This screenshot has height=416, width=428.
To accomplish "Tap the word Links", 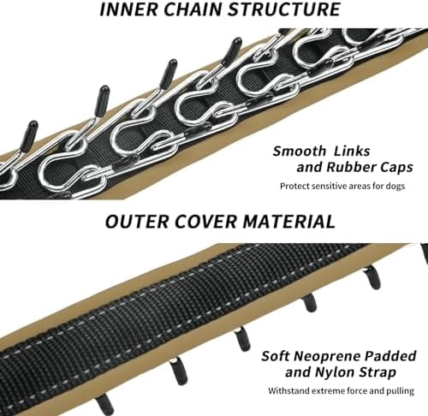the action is click(353, 152).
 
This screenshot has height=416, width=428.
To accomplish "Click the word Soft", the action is click(276, 356).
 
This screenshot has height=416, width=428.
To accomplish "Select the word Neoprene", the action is click(328, 357).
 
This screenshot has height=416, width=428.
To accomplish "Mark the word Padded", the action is click(391, 356).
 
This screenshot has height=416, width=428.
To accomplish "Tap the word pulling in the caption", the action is click(400, 391).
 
